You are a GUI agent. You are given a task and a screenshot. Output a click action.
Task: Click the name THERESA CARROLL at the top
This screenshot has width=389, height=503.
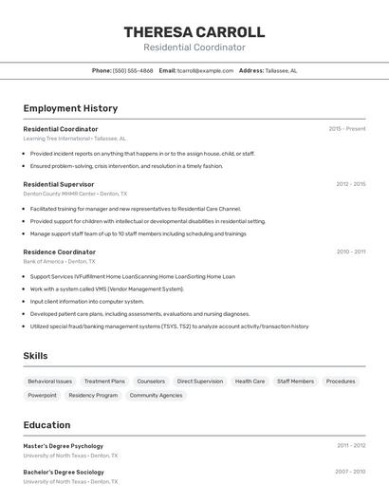194,32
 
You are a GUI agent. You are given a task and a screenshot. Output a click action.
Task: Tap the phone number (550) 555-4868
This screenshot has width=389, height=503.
133,70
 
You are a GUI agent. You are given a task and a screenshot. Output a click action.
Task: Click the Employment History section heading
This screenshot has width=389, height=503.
70,108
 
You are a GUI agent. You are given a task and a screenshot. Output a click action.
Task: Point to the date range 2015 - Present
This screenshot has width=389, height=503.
347,128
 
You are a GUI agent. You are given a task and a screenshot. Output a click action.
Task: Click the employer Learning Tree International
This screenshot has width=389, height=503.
56,139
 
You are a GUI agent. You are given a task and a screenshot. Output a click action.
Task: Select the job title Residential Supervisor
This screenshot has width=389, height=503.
59,184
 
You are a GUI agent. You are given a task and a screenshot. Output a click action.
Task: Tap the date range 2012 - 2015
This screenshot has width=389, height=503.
350,183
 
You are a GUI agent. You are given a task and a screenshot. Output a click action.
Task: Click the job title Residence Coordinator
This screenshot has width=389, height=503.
59,251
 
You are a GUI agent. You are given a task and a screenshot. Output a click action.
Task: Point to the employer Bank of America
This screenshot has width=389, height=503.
43,261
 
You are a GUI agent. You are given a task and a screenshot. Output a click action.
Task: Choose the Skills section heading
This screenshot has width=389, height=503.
36,356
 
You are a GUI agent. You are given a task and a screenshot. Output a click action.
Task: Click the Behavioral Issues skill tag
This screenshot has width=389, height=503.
49,381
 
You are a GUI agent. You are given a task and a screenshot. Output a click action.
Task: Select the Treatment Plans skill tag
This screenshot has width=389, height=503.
104,381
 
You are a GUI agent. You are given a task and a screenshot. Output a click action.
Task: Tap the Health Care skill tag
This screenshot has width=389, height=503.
250,381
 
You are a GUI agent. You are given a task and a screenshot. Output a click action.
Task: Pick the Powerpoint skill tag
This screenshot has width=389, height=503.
42,395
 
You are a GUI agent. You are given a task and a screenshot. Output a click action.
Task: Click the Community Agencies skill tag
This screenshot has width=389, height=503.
156,395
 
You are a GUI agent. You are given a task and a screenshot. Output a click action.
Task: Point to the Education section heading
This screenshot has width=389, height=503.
46,425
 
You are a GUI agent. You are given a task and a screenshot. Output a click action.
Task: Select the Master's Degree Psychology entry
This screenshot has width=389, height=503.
63,445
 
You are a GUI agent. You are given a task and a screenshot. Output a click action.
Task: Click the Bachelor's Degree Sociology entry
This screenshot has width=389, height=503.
64,472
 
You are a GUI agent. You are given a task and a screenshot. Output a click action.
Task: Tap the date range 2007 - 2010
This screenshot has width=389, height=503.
350,471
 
